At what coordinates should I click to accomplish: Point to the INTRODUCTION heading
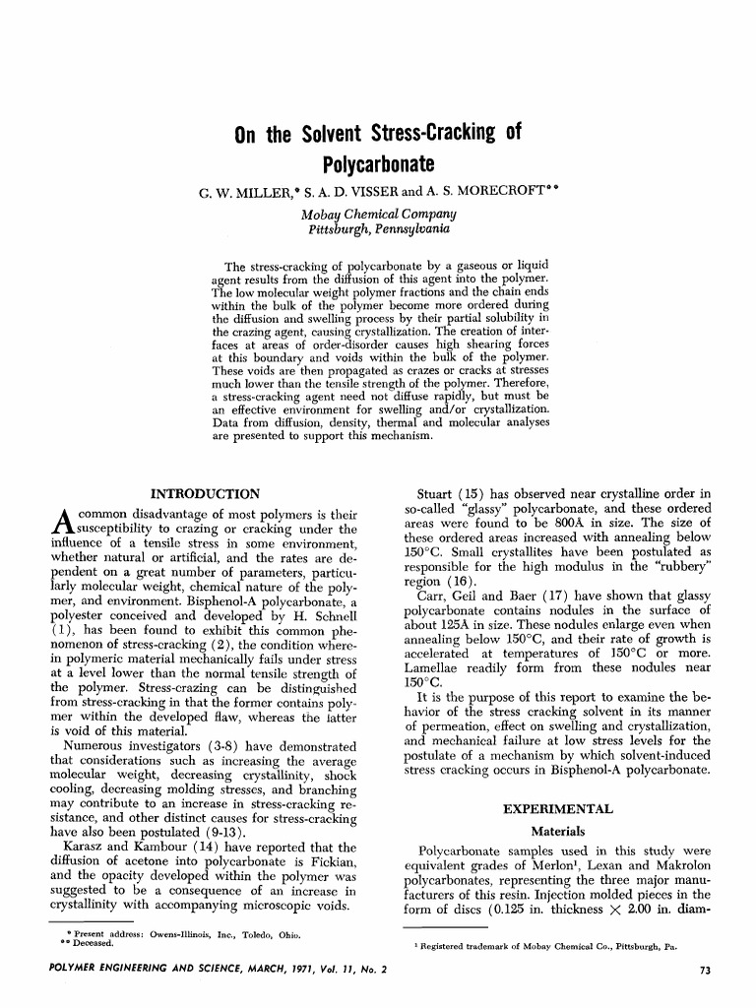(205, 493)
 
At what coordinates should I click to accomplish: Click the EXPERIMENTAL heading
(558, 809)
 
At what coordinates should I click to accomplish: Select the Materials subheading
(558, 831)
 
